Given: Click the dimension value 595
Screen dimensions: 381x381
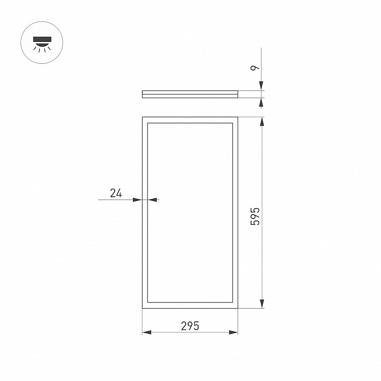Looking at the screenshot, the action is pos(255,216).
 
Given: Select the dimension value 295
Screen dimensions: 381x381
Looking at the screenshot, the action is pos(190,326).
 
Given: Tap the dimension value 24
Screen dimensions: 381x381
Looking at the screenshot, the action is pos(116,193).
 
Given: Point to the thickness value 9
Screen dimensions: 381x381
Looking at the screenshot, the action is pos(255,68).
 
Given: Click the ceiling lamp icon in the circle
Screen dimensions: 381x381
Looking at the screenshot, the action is pos(42,44).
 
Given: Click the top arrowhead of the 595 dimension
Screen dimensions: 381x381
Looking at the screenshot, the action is pos(261,122).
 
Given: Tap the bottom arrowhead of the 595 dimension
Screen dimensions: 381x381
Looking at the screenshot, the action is pos(261,304).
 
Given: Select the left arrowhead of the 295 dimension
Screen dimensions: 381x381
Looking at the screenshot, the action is pos(147,332).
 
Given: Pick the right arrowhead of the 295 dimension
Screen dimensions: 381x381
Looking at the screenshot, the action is pos(233,332).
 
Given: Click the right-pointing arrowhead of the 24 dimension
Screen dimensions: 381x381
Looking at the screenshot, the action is pos(138,200).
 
